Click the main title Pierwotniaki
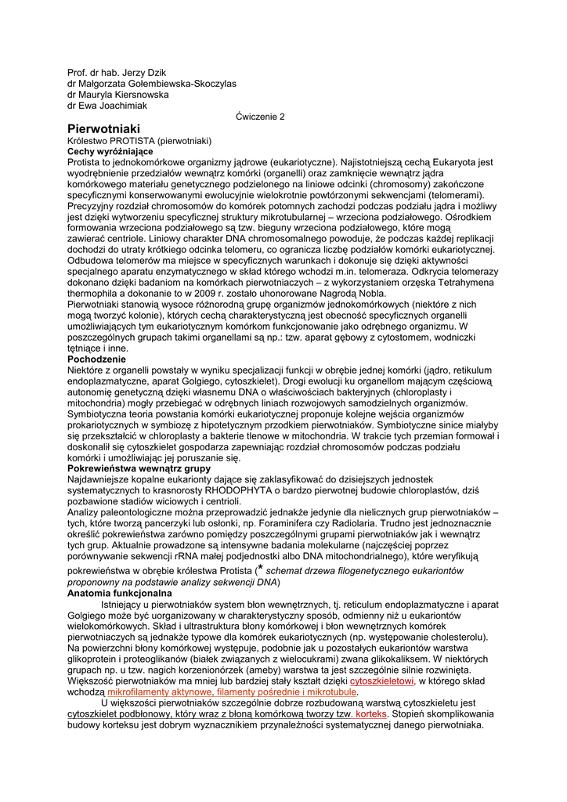point(103,128)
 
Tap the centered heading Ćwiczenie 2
point(261,116)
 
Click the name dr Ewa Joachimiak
point(107,106)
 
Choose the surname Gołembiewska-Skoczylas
point(173,84)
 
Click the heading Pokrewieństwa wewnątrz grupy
point(138,468)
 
